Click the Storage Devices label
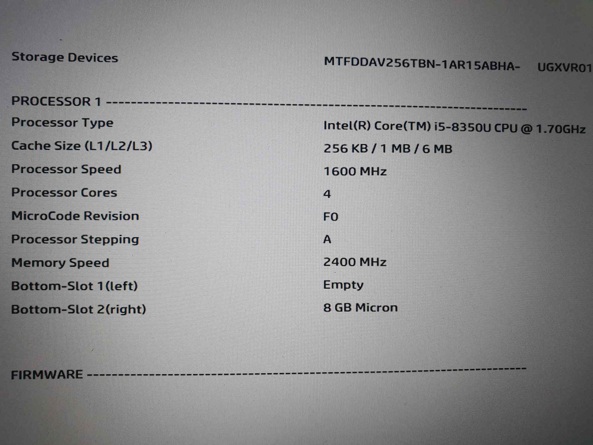(x=65, y=57)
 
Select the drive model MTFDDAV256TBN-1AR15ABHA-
(x=422, y=64)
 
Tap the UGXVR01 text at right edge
(x=564, y=68)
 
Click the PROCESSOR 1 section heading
(x=56, y=102)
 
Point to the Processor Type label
(x=62, y=123)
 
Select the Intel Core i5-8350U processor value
(x=454, y=127)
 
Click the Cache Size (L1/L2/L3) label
(x=82, y=146)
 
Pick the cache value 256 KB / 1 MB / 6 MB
(x=388, y=149)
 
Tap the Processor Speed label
(x=66, y=169)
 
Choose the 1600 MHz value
(x=355, y=171)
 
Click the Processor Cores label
(x=64, y=192)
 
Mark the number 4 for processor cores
(x=327, y=194)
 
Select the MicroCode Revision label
(x=75, y=216)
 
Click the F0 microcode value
(x=331, y=217)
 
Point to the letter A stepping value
(x=327, y=239)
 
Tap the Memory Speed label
(x=60, y=263)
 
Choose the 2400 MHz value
(x=355, y=262)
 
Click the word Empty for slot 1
(x=343, y=285)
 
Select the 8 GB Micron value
(x=360, y=308)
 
